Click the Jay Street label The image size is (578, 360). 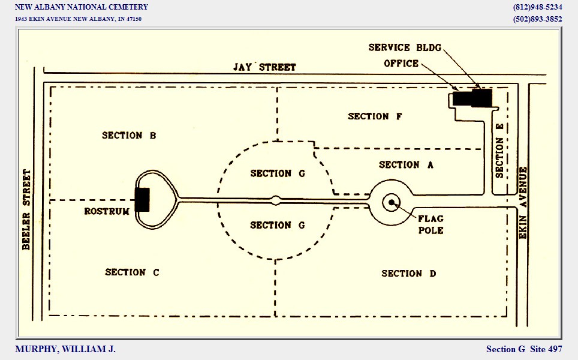click(x=264, y=67)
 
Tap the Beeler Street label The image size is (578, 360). click(x=26, y=209)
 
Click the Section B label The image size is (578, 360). click(x=129, y=136)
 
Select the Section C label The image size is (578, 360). click(x=132, y=272)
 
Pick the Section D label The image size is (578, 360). click(x=409, y=274)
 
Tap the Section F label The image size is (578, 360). click(x=375, y=116)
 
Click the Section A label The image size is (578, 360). click(x=407, y=164)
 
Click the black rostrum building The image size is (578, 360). click(x=142, y=200)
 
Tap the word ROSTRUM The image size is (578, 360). click(x=107, y=211)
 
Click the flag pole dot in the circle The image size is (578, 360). click(x=392, y=203)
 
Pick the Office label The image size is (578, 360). click(x=401, y=64)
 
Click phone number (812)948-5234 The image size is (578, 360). click(x=537, y=7)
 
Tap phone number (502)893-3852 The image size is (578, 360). click(x=537, y=19)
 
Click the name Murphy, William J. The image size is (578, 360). click(x=65, y=349)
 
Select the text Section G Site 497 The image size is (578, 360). click(x=524, y=349)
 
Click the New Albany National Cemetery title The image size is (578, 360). click(x=81, y=7)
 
